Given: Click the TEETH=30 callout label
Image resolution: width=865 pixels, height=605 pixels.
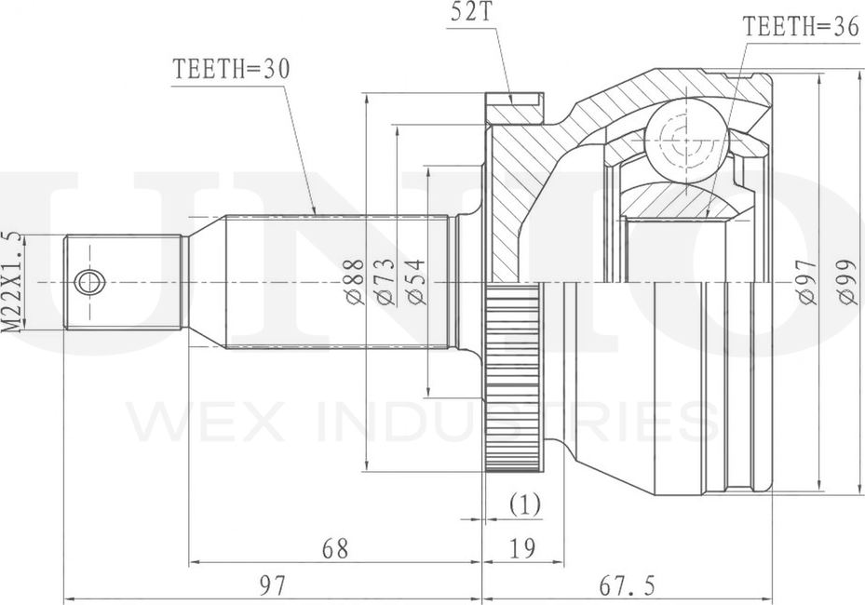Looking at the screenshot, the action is tap(231, 70).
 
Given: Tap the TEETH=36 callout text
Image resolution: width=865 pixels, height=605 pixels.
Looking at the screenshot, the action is tap(801, 26).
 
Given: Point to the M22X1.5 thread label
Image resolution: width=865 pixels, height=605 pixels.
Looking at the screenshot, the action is tap(13, 282).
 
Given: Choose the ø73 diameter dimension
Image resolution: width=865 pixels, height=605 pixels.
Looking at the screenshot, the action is tap(385, 281).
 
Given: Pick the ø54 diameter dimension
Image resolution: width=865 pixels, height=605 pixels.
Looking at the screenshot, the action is tap(416, 281).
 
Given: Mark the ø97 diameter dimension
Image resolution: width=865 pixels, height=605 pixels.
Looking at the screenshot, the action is tap(806, 281).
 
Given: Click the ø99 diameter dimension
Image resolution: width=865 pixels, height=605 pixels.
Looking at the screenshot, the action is tap(847, 281).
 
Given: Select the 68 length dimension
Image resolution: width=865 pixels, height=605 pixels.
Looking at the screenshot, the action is tap(335, 549).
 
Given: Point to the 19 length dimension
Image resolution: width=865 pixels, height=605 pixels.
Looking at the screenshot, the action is tap(521, 549).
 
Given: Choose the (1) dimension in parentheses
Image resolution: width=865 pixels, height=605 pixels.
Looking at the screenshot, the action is tap(524, 504).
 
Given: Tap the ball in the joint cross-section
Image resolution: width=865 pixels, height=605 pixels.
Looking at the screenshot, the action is tap(685, 141).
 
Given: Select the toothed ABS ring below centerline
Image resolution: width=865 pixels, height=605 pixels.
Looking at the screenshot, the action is tap(512, 377).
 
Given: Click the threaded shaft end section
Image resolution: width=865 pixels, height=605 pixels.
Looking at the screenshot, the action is tap(123, 282).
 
